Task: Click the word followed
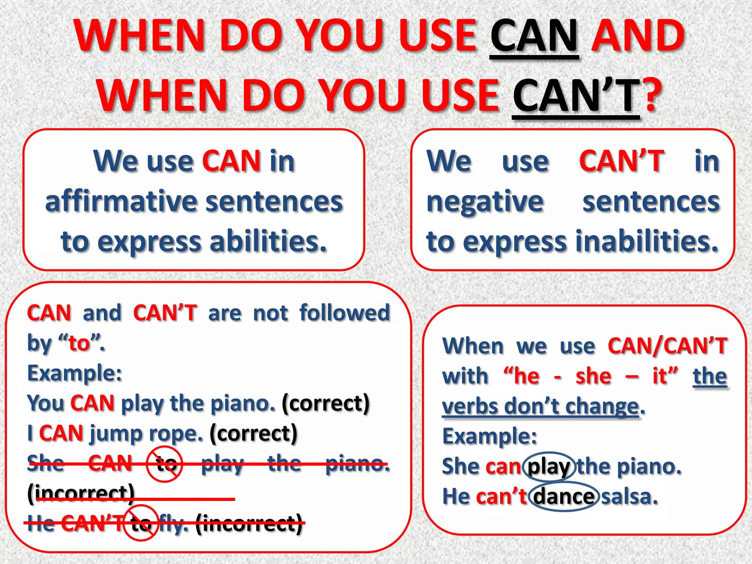coord(344,313)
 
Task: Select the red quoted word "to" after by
coord(79,344)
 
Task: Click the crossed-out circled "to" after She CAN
coord(164,464)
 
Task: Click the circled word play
coord(549,467)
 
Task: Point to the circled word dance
coord(564,497)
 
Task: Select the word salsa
coord(629,497)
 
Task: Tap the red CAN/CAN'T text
coord(667,346)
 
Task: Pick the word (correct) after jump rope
coord(253,434)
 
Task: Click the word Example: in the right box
coord(489,437)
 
